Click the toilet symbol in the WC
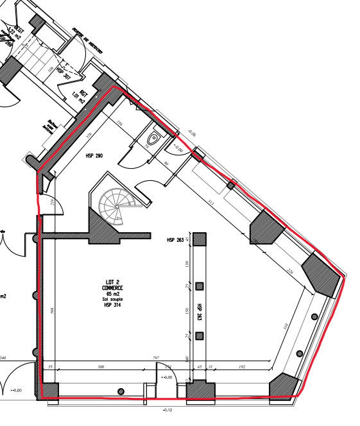153,138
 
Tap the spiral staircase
116,205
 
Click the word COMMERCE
116,288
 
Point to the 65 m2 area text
116,294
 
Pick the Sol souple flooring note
116,300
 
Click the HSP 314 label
116,306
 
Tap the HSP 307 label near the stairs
63,72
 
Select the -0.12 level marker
169,409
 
